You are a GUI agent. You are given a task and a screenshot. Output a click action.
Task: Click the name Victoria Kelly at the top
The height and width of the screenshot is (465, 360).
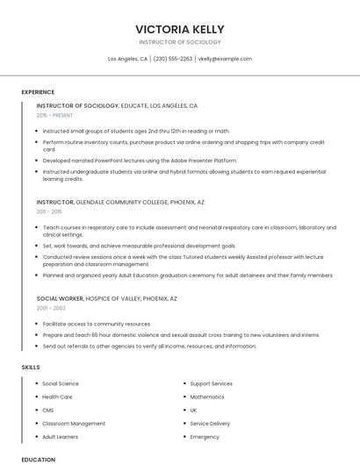pos(180,29)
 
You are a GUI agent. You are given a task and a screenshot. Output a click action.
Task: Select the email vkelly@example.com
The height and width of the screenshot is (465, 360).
pos(225,59)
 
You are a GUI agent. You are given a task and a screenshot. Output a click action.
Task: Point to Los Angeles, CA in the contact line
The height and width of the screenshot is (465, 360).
pos(127,59)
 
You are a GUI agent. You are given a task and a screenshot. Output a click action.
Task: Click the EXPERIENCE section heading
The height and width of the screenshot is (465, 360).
pos(38,92)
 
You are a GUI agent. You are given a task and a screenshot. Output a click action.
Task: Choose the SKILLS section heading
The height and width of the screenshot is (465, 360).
pos(31,366)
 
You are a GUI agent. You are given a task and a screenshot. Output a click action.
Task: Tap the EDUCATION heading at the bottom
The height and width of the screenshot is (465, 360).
pos(38,460)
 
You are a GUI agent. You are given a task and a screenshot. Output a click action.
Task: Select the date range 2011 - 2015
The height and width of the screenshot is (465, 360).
pos(49,211)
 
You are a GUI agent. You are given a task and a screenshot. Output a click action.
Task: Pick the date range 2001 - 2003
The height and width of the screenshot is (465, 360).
pos(51,308)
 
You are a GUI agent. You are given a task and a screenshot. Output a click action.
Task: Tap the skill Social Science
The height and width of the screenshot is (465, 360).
pos(61,383)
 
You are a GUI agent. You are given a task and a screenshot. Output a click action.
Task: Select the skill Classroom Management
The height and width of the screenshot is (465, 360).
pos(74,423)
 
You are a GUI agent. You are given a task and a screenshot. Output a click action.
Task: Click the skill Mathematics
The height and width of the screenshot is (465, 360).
pos(207,397)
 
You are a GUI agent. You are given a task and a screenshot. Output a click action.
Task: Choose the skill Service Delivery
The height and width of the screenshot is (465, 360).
pos(210,423)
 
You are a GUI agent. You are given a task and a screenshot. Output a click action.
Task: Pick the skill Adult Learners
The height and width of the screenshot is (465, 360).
pos(61,436)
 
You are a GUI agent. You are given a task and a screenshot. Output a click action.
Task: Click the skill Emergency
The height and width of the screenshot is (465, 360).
pos(205,436)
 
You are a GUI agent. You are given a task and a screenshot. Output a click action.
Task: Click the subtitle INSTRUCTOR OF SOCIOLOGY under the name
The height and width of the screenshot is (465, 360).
pos(180,42)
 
